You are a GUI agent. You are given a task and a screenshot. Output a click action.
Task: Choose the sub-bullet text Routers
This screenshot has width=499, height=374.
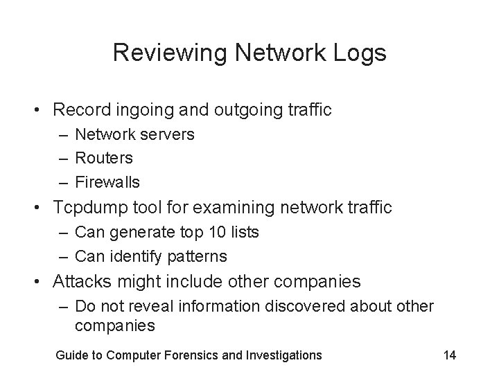click(104, 158)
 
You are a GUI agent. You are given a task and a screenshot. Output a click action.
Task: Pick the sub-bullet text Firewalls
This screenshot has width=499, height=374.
click(107, 182)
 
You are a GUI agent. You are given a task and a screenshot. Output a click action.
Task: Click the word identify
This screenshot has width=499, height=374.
click(135, 256)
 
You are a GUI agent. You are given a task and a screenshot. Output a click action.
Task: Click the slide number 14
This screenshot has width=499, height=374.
click(449, 355)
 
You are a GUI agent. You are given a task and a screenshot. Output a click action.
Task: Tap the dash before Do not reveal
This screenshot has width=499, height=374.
click(64, 305)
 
